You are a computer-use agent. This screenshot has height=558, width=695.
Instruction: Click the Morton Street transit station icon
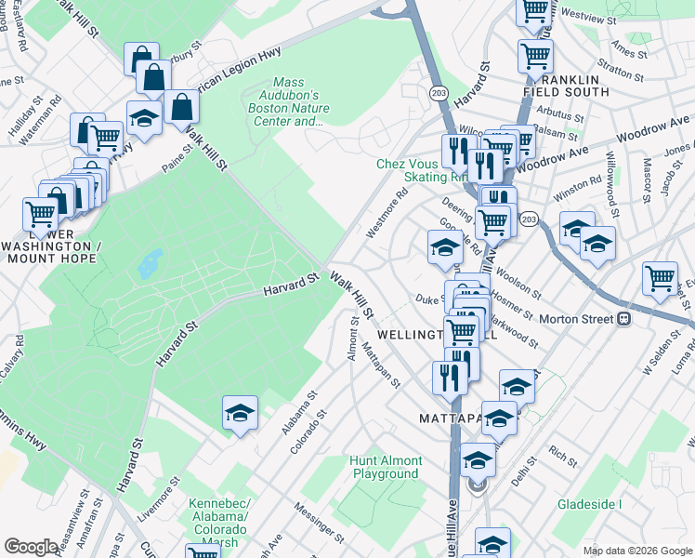coord(624,319)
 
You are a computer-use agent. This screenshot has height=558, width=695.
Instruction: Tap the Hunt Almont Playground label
coord(387,467)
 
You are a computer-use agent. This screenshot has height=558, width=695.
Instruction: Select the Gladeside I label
coord(589,504)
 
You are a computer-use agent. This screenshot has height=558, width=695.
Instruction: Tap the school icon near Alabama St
coord(240,412)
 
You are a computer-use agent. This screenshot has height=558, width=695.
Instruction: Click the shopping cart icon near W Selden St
coord(660,277)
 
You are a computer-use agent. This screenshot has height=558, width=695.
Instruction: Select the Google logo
coord(31,547)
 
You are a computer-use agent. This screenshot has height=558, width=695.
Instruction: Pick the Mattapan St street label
coord(381,365)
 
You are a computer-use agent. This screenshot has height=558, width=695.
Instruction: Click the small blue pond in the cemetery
coord(148,264)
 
